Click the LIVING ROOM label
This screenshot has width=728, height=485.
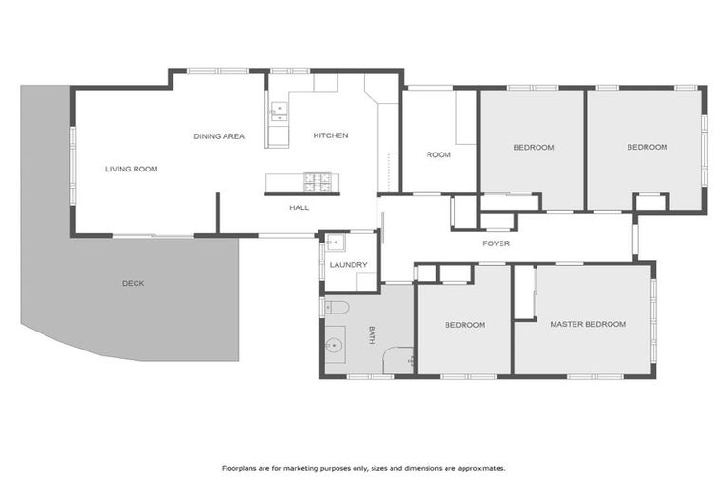click(x=131, y=169)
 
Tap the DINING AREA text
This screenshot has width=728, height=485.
click(x=219, y=136)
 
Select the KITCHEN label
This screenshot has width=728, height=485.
click(x=331, y=135)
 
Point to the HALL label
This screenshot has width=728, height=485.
click(x=299, y=207)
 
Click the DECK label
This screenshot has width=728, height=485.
click(x=133, y=283)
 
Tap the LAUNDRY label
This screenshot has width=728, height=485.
click(x=348, y=264)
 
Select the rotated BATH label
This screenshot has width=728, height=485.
click(x=372, y=335)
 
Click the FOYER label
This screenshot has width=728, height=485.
click(x=496, y=243)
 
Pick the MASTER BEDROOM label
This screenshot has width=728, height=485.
click(x=588, y=324)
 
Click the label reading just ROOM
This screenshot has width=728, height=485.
click(x=438, y=154)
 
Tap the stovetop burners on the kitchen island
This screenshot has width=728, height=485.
click(x=316, y=179)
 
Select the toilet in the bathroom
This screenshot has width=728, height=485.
click(x=337, y=307)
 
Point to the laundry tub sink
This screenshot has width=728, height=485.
click(x=335, y=242)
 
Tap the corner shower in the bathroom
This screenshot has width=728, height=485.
click(x=400, y=361)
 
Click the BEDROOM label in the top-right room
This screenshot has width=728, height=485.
click(x=646, y=147)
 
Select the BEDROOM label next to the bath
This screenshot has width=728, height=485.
click(x=464, y=325)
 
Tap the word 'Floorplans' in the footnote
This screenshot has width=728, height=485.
click(x=240, y=468)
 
